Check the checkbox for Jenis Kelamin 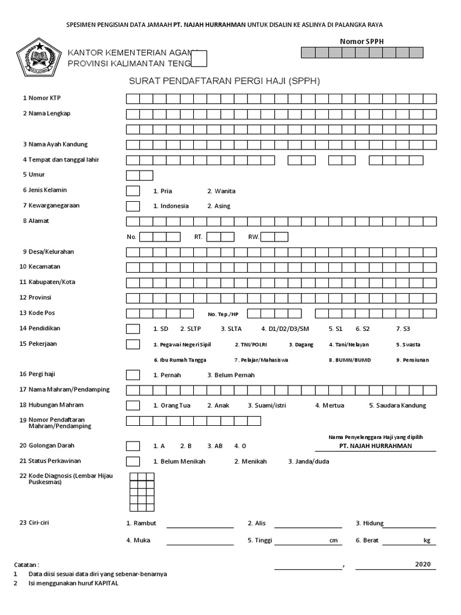coord(133,191)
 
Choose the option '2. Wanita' coord(221,191)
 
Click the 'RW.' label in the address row coord(253,237)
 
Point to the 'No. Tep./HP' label coord(223,314)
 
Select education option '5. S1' coord(335,329)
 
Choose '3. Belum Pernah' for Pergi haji coord(230,375)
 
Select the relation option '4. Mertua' coord(330,405)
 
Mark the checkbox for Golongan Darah coord(133,446)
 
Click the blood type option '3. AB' coord(215,446)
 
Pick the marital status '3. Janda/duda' coord(309,461)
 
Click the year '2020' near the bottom coord(423,565)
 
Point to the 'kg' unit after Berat coord(427,541)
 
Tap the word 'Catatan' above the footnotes coord(26,565)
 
